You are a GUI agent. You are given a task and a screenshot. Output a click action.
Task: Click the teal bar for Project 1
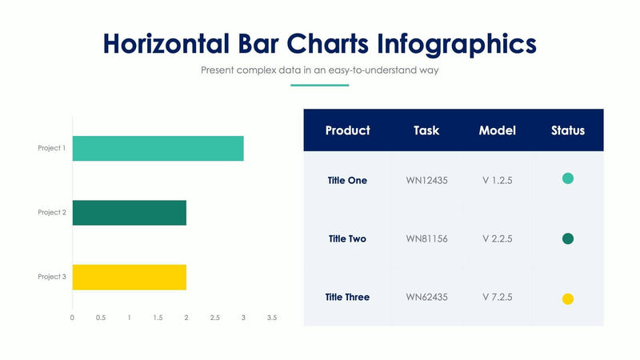(x=158, y=148)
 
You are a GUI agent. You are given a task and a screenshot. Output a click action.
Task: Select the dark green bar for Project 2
(x=129, y=213)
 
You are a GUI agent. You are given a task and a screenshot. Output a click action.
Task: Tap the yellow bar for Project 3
(x=129, y=277)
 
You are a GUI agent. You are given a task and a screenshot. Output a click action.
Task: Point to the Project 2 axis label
(x=52, y=213)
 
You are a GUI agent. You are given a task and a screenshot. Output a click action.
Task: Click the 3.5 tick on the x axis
(x=271, y=318)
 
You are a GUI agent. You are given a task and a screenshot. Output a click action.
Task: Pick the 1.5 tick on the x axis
(x=158, y=318)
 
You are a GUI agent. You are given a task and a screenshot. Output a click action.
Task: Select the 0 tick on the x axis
(x=72, y=318)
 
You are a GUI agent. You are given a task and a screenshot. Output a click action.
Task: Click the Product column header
(x=347, y=130)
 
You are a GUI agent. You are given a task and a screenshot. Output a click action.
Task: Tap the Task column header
(x=426, y=130)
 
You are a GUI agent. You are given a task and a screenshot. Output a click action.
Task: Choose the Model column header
(x=497, y=130)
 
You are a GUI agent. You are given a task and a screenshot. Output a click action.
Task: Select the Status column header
(x=568, y=130)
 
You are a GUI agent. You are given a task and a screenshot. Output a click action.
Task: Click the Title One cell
(x=347, y=181)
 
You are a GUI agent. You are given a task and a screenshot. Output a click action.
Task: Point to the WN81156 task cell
(x=426, y=238)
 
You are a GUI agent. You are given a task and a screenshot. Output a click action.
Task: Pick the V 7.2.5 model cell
(x=497, y=297)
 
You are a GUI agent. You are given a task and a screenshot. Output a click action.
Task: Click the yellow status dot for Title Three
(x=568, y=299)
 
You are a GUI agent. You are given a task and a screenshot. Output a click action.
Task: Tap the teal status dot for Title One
(x=568, y=178)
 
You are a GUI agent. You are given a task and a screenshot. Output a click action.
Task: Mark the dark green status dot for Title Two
(x=568, y=238)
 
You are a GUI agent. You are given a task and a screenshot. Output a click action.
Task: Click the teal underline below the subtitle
(x=319, y=85)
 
